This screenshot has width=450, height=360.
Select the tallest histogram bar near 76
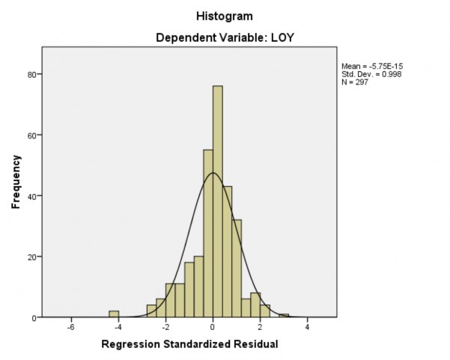tap(217, 202)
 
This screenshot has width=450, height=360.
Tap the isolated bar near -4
tap(114, 314)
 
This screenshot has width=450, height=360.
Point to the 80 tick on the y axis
tap(34, 74)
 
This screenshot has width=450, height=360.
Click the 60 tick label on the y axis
tap(34, 135)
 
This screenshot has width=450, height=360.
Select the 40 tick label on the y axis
tap(34, 196)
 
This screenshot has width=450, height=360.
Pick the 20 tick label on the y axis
tap(34, 257)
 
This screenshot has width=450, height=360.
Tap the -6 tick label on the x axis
tap(70, 327)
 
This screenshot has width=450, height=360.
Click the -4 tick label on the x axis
tap(117, 327)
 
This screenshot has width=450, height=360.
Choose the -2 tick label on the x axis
tap(164, 327)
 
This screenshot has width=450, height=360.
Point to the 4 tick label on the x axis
tap(307, 327)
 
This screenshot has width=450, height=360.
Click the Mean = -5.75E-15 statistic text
tap(372, 66)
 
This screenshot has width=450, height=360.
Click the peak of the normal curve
tap(213, 173)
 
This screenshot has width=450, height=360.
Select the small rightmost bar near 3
tap(284, 315)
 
